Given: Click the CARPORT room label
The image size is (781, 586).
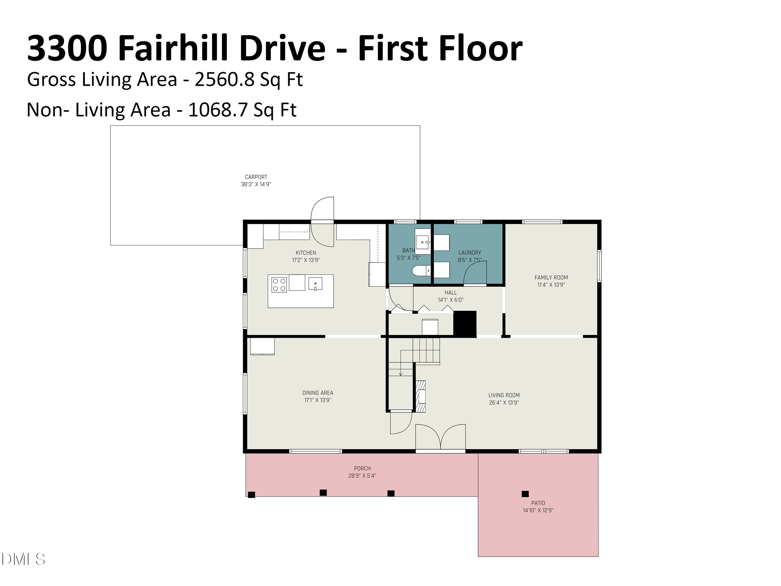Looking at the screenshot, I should click(x=256, y=177).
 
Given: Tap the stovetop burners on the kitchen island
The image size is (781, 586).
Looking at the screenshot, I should click(x=279, y=285).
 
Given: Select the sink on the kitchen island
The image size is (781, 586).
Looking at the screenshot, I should click(x=315, y=284).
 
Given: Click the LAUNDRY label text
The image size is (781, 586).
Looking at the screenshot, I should click(x=470, y=253).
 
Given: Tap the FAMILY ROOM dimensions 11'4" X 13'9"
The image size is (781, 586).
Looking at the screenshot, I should click(x=551, y=285).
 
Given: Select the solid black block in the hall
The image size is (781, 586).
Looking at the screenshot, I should click(x=465, y=323).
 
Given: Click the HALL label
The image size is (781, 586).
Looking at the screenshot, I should click(x=451, y=293).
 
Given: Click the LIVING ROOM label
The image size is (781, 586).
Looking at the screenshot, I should click(x=504, y=395).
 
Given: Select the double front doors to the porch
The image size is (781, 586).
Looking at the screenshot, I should click(x=440, y=438).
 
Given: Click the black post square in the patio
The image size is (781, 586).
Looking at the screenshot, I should click(x=525, y=494).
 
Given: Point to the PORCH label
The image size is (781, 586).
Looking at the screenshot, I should click(x=362, y=468).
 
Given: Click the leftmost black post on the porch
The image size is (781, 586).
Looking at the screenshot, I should click(x=251, y=495).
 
